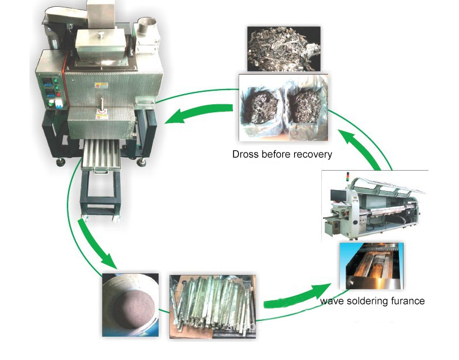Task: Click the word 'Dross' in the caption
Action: tap(245, 154)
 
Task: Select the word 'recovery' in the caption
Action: tap(311, 154)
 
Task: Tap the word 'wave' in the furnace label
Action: tap(331, 301)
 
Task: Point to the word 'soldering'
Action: tap(367, 301)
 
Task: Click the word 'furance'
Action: tap(406, 301)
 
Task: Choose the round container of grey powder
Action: tap(130, 304)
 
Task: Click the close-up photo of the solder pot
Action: tap(372, 267)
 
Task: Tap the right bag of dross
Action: tap(307, 109)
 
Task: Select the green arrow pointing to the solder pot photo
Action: tap(294, 295)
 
